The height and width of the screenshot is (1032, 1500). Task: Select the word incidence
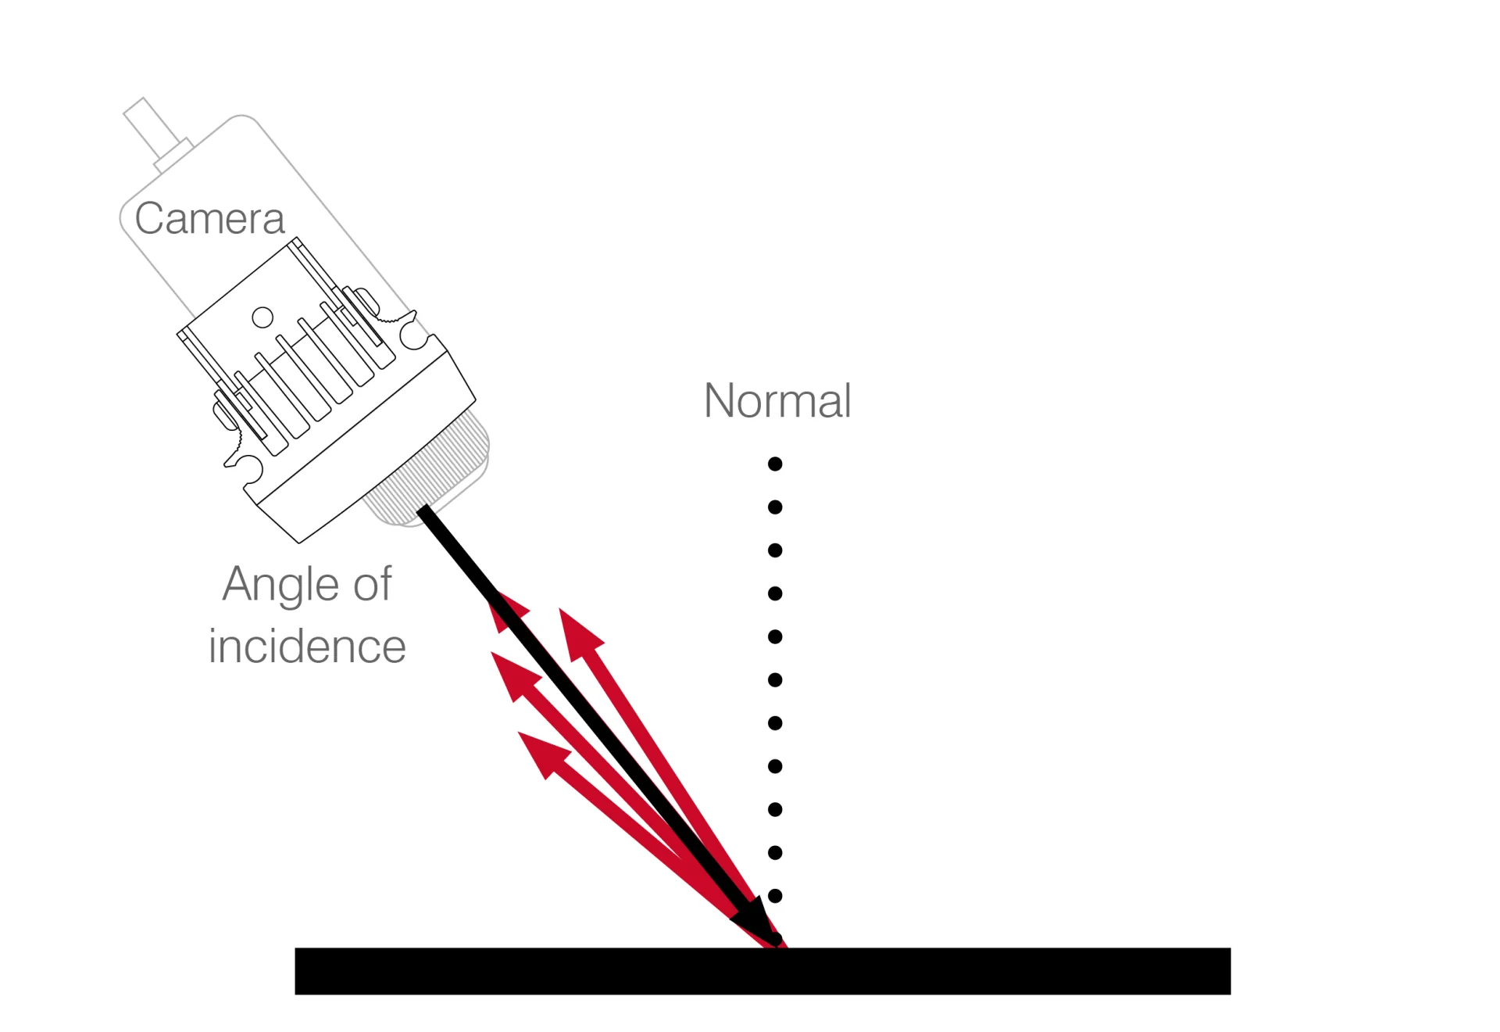(x=307, y=647)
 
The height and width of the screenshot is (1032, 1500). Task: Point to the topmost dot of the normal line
(x=775, y=464)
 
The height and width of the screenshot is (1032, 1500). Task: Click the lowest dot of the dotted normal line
(x=775, y=896)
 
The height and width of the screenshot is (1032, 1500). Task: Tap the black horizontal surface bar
(x=762, y=971)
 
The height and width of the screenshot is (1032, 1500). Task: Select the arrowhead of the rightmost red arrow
(x=579, y=633)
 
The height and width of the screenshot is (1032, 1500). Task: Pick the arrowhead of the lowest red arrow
(x=542, y=753)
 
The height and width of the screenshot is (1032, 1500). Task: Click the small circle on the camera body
(x=262, y=317)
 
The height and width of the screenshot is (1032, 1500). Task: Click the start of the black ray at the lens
(x=423, y=512)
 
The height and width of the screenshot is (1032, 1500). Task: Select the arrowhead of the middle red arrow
(x=516, y=674)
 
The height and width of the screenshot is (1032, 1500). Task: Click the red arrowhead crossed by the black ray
(x=508, y=611)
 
